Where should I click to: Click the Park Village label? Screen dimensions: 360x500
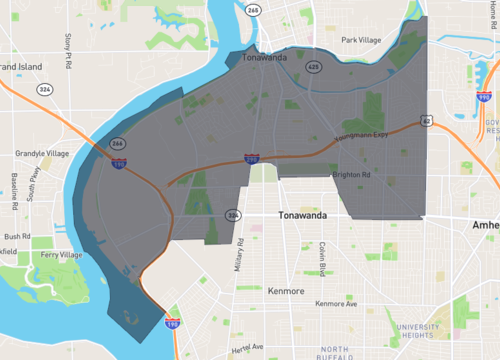click(361, 40)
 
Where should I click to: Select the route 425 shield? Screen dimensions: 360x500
click(313, 67)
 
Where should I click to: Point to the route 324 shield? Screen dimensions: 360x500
click(45, 89)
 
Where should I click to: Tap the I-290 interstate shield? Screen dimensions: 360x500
click(252, 158)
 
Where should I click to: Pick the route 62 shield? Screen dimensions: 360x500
click(427, 120)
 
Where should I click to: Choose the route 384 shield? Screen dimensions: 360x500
click(233, 215)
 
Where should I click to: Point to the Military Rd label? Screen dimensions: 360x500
click(241, 255)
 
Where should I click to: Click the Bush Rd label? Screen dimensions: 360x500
click(17, 237)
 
